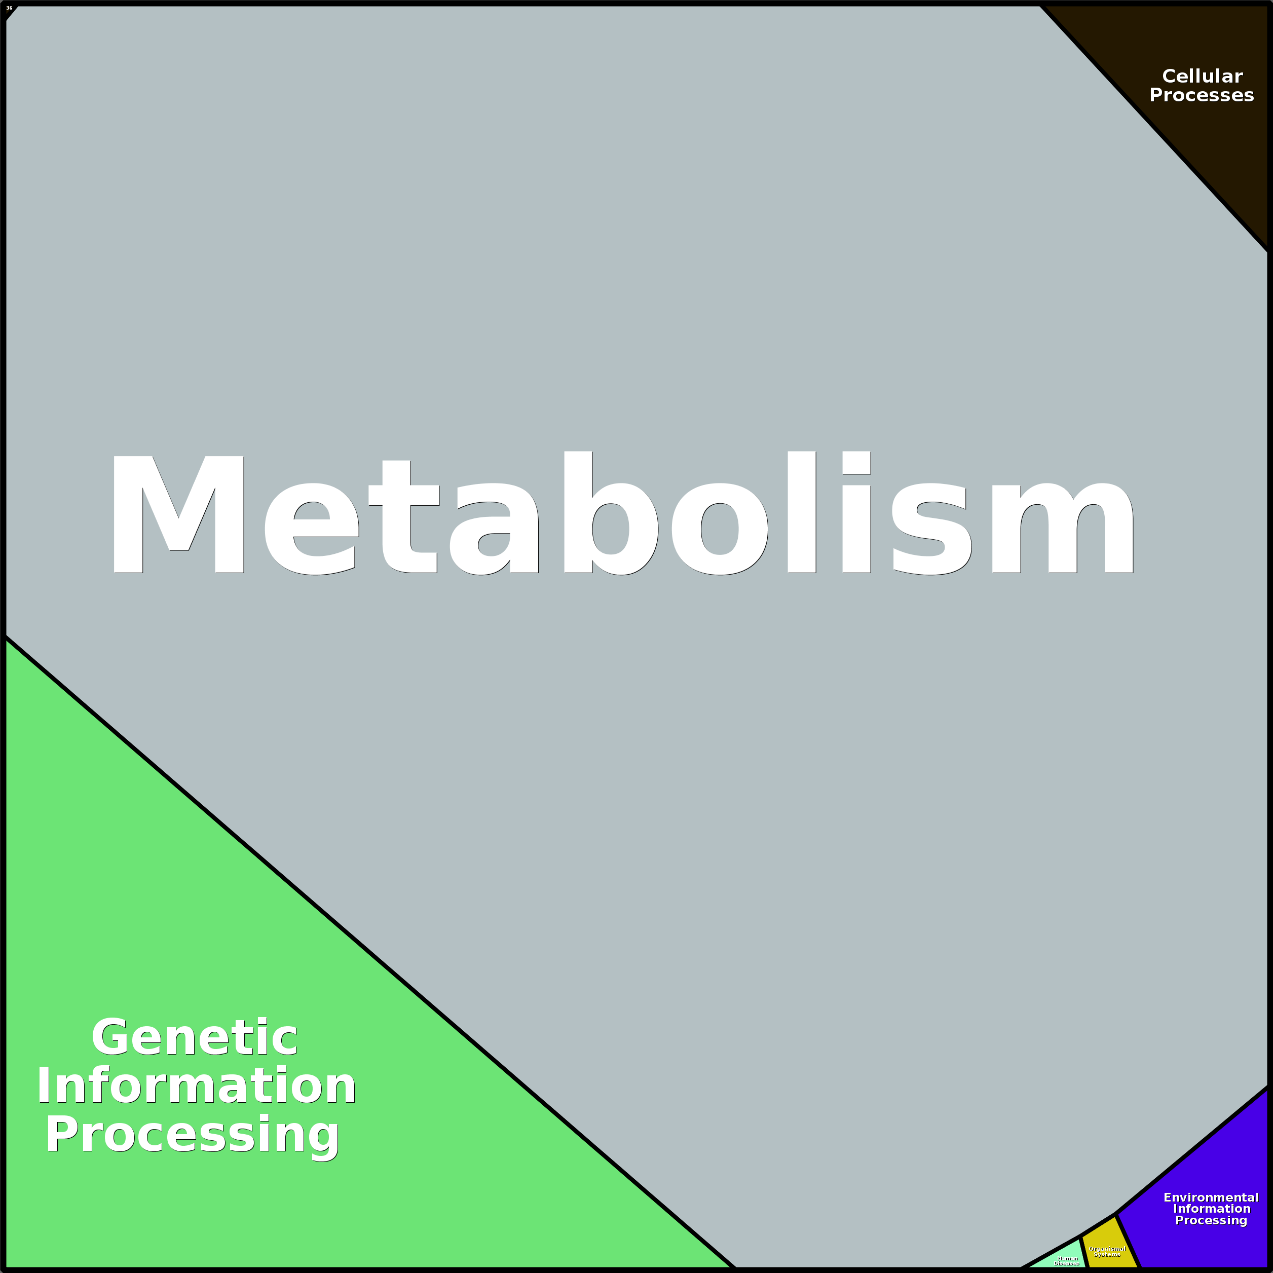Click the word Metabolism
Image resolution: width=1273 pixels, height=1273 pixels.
(623, 514)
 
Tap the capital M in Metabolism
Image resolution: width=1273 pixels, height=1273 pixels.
(178, 514)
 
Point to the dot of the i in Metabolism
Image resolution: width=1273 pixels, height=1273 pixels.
(856, 463)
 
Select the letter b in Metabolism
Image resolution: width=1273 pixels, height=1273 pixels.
(610, 514)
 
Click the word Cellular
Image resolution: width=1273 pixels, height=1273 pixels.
(1202, 77)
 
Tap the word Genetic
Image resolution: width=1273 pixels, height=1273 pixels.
(195, 1038)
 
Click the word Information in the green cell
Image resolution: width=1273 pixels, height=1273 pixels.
(196, 1087)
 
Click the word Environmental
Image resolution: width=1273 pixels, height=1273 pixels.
(1211, 1197)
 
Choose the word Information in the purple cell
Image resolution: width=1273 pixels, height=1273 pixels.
(1211, 1209)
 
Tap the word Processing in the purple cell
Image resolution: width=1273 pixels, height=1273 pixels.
(1211, 1220)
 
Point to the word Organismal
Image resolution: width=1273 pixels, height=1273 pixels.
(1107, 1249)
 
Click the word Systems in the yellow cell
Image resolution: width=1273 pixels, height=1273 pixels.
(1107, 1255)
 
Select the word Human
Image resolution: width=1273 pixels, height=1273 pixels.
(1067, 1258)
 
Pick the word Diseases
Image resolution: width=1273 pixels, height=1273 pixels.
(1067, 1264)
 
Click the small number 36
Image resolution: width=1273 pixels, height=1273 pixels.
(9, 8)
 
